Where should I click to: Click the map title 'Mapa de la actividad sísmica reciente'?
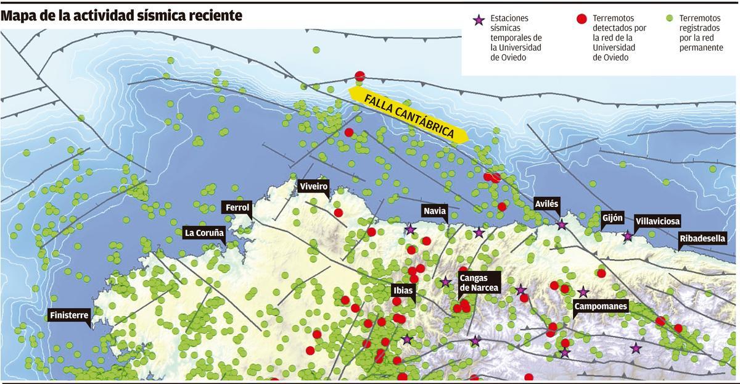[x=121, y=15]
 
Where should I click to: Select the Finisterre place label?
[x=69, y=315]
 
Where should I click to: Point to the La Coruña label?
[x=204, y=233]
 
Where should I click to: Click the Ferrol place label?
[x=237, y=208]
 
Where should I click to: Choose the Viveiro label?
[x=313, y=186]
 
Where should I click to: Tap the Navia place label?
[x=434, y=211]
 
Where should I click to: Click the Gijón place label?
[x=612, y=217]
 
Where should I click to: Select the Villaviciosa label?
[x=657, y=220]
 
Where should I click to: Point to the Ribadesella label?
[x=702, y=238]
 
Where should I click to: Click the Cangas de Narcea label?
[x=479, y=283]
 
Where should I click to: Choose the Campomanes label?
[x=600, y=306]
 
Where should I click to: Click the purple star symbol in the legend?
[x=478, y=20]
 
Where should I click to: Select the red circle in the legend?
[x=580, y=19]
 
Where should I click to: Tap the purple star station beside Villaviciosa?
[x=628, y=236]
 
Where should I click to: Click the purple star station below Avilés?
[x=561, y=225]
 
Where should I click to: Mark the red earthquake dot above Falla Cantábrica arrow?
[x=360, y=76]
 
